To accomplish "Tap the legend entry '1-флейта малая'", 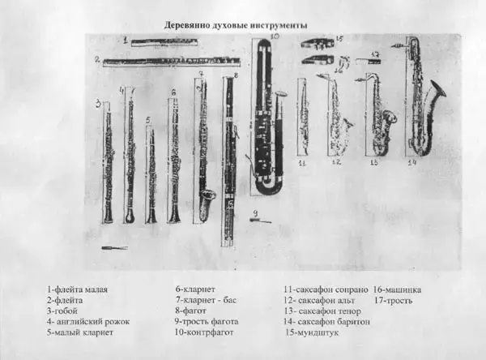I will pyautogui.click(x=78, y=289).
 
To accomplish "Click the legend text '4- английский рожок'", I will pyautogui.click(x=88, y=322).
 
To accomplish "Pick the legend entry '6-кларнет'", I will pyautogui.click(x=195, y=289).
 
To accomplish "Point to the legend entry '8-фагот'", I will pyautogui.click(x=191, y=311).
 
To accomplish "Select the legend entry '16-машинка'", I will pyautogui.click(x=396, y=289).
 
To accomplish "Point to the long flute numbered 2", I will pyautogui.click(x=170, y=61).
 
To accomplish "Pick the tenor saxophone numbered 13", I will pyautogui.click(x=379, y=118).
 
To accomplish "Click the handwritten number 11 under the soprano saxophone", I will pyautogui.click(x=302, y=163).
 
